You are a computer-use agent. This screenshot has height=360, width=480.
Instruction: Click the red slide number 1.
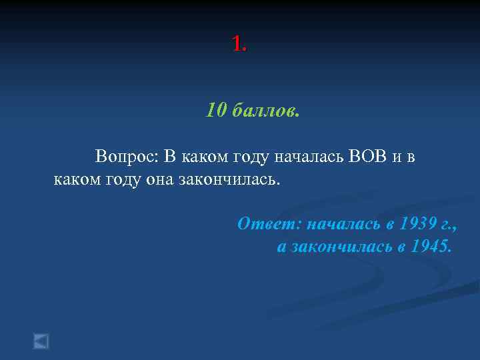(x=239, y=44)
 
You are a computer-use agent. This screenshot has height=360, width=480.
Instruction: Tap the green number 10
(x=217, y=109)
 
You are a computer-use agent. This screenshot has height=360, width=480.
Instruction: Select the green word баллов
(x=267, y=109)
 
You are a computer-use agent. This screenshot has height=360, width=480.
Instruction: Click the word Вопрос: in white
(x=127, y=157)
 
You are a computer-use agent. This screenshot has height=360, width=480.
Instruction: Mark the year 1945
(x=431, y=247)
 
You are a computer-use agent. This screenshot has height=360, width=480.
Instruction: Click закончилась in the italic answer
(x=341, y=247)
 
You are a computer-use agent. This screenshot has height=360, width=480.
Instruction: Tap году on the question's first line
(x=252, y=158)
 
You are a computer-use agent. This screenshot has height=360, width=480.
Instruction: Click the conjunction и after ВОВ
(x=397, y=158)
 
